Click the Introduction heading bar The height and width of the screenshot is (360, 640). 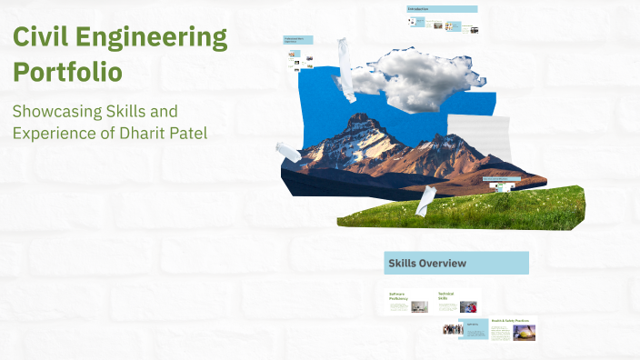pos(442,9)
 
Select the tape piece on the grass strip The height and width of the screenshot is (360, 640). pos(425,199)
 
